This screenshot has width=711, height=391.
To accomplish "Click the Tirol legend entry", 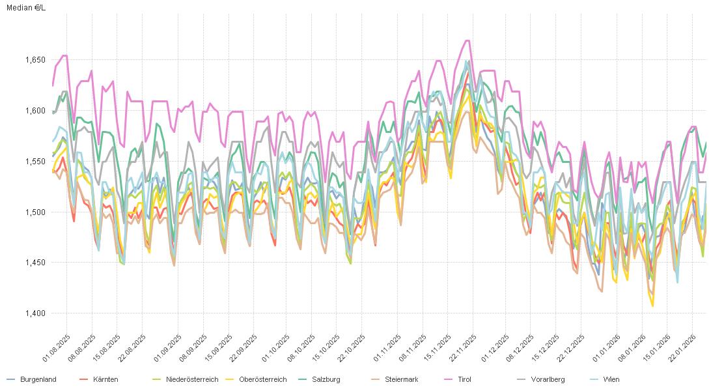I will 464,379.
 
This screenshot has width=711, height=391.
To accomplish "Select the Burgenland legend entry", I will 38,379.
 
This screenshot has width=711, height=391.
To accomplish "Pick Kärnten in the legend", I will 105,379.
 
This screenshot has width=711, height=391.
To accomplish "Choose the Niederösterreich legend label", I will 191,379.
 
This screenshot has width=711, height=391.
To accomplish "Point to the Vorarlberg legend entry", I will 547,379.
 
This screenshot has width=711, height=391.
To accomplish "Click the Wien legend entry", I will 611,379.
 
